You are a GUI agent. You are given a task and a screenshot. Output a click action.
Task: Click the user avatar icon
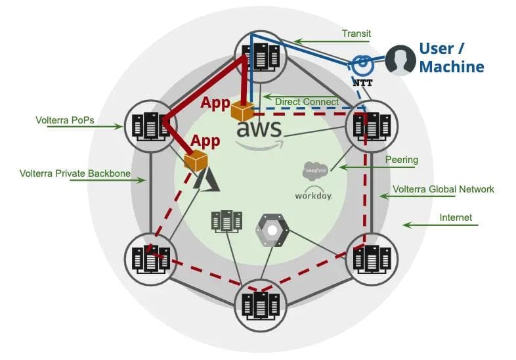coord(399,60)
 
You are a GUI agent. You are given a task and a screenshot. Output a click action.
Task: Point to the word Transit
coord(356,34)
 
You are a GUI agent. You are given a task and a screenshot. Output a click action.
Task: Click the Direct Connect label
coord(307,102)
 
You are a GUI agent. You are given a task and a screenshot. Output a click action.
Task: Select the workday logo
coord(313,195)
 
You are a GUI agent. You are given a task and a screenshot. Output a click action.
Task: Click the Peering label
coord(402,160)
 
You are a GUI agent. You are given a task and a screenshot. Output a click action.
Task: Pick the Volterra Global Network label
coord(443,189)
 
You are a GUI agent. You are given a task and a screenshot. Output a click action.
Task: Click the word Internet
coord(455,217)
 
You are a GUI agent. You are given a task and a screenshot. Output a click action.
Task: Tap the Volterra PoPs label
coord(62,120)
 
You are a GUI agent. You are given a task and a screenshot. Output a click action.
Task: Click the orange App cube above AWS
coord(242,109)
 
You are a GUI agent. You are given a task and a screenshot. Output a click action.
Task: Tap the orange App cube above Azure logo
coord(196,160)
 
